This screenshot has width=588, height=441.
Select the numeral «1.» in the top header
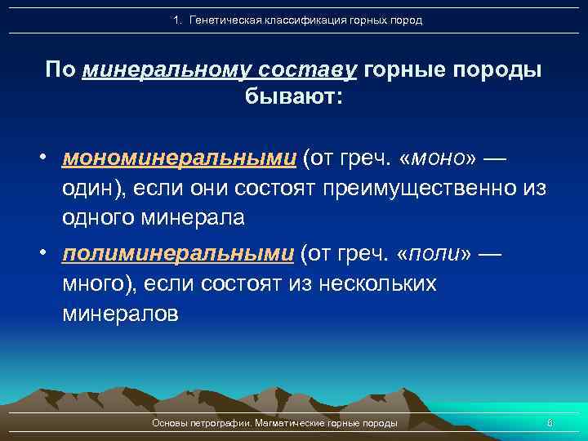coord(179,20)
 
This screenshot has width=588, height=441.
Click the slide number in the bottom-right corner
coord(550,423)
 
